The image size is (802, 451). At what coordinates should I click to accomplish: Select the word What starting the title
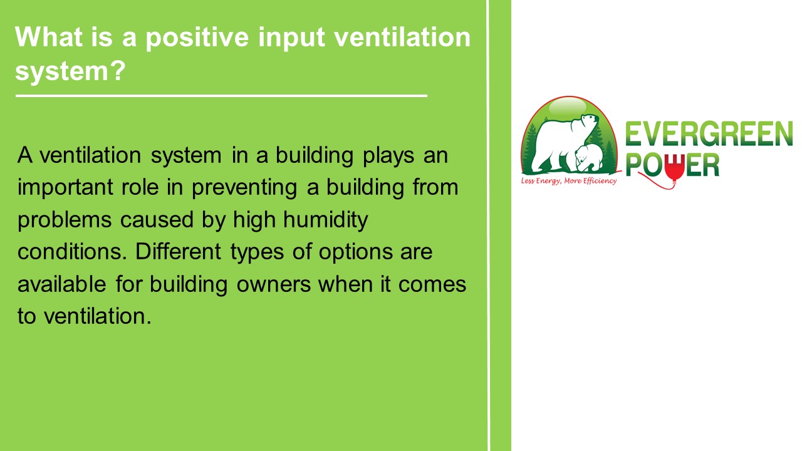click(x=46, y=38)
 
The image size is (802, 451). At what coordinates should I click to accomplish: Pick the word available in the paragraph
click(x=62, y=284)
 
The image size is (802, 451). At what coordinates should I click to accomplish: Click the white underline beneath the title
click(x=221, y=96)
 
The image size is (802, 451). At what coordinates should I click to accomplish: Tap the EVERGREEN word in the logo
click(x=709, y=135)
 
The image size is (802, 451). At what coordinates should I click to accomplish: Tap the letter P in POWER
click(x=633, y=165)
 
